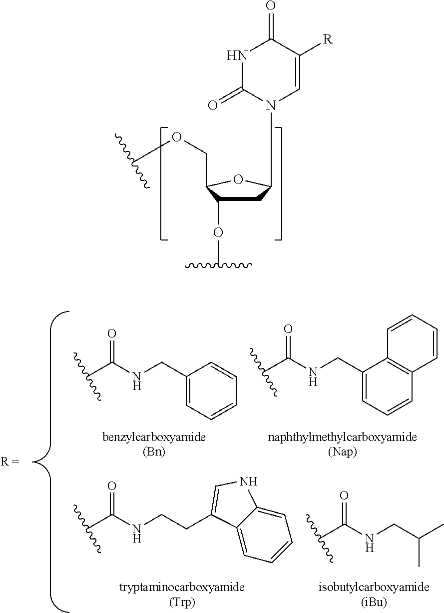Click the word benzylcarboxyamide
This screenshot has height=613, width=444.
154,437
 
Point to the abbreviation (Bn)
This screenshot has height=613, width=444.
154,452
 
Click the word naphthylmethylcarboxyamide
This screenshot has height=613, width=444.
342,437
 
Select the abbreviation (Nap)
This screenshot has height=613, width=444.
342,452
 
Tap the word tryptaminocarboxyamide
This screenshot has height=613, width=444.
182,586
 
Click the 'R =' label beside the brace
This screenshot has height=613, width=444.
10,461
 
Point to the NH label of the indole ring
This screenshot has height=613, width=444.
248,481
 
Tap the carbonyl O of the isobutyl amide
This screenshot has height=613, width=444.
344,495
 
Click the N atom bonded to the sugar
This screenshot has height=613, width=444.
271,106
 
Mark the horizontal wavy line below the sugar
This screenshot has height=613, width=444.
218,265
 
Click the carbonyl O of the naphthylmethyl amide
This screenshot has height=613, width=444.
288,329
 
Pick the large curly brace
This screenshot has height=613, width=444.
50,461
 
